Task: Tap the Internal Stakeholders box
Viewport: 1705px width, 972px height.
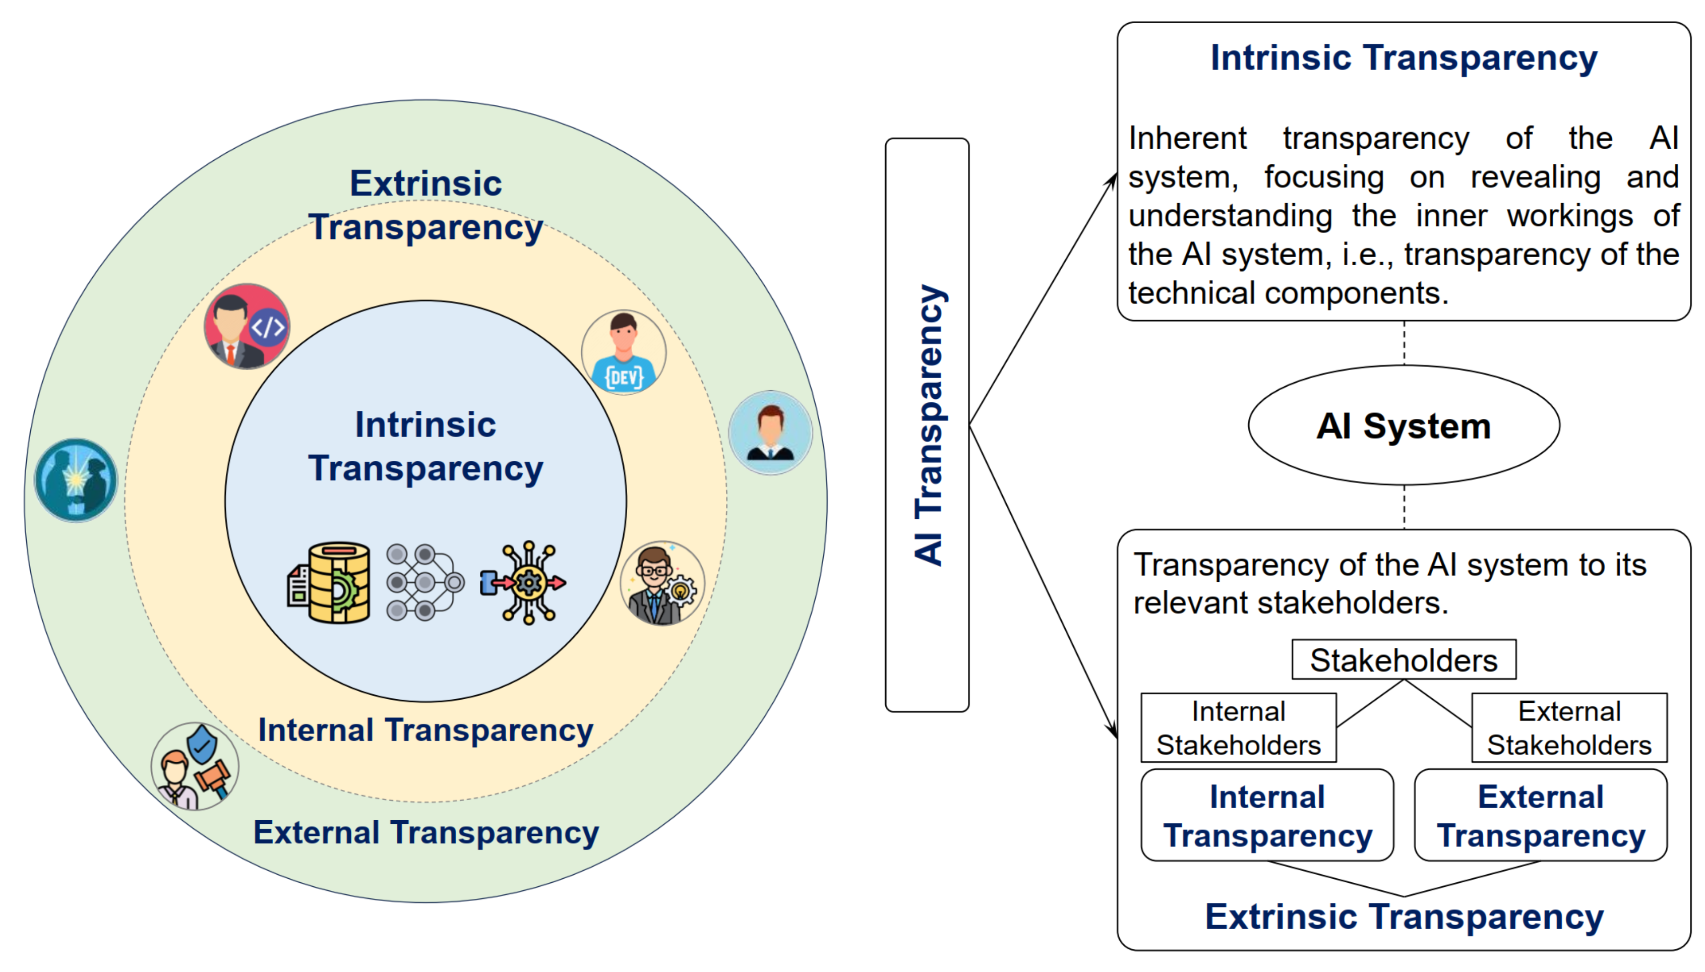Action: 1238,727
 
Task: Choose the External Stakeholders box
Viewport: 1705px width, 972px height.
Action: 1568,727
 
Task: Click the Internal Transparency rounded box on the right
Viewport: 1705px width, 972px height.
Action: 1266,815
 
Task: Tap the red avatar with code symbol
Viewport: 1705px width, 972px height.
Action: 247,327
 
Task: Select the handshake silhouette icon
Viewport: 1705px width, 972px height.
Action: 76,480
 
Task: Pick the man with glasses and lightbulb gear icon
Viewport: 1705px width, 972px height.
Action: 661,583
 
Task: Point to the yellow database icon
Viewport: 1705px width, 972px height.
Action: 330,582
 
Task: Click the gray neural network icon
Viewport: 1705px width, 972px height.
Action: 424,582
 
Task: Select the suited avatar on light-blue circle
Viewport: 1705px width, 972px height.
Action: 770,433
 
